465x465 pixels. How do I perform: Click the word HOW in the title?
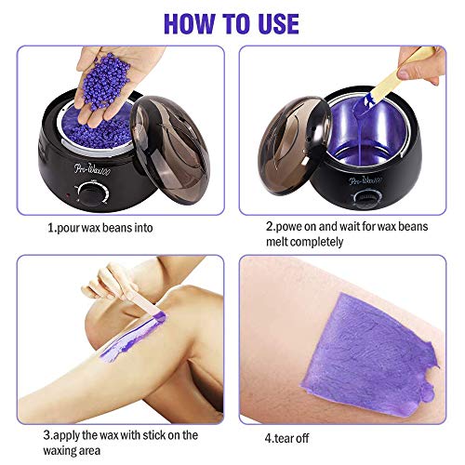(x=190, y=23)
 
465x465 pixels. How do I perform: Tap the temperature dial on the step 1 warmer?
(x=92, y=193)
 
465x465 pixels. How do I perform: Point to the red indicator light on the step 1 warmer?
(x=68, y=195)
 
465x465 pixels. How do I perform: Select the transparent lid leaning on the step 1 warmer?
(x=170, y=149)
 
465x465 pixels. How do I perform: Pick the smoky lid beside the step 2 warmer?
(x=295, y=146)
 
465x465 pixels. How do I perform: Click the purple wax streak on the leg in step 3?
(x=133, y=338)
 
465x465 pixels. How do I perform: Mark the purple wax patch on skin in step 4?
(x=370, y=353)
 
